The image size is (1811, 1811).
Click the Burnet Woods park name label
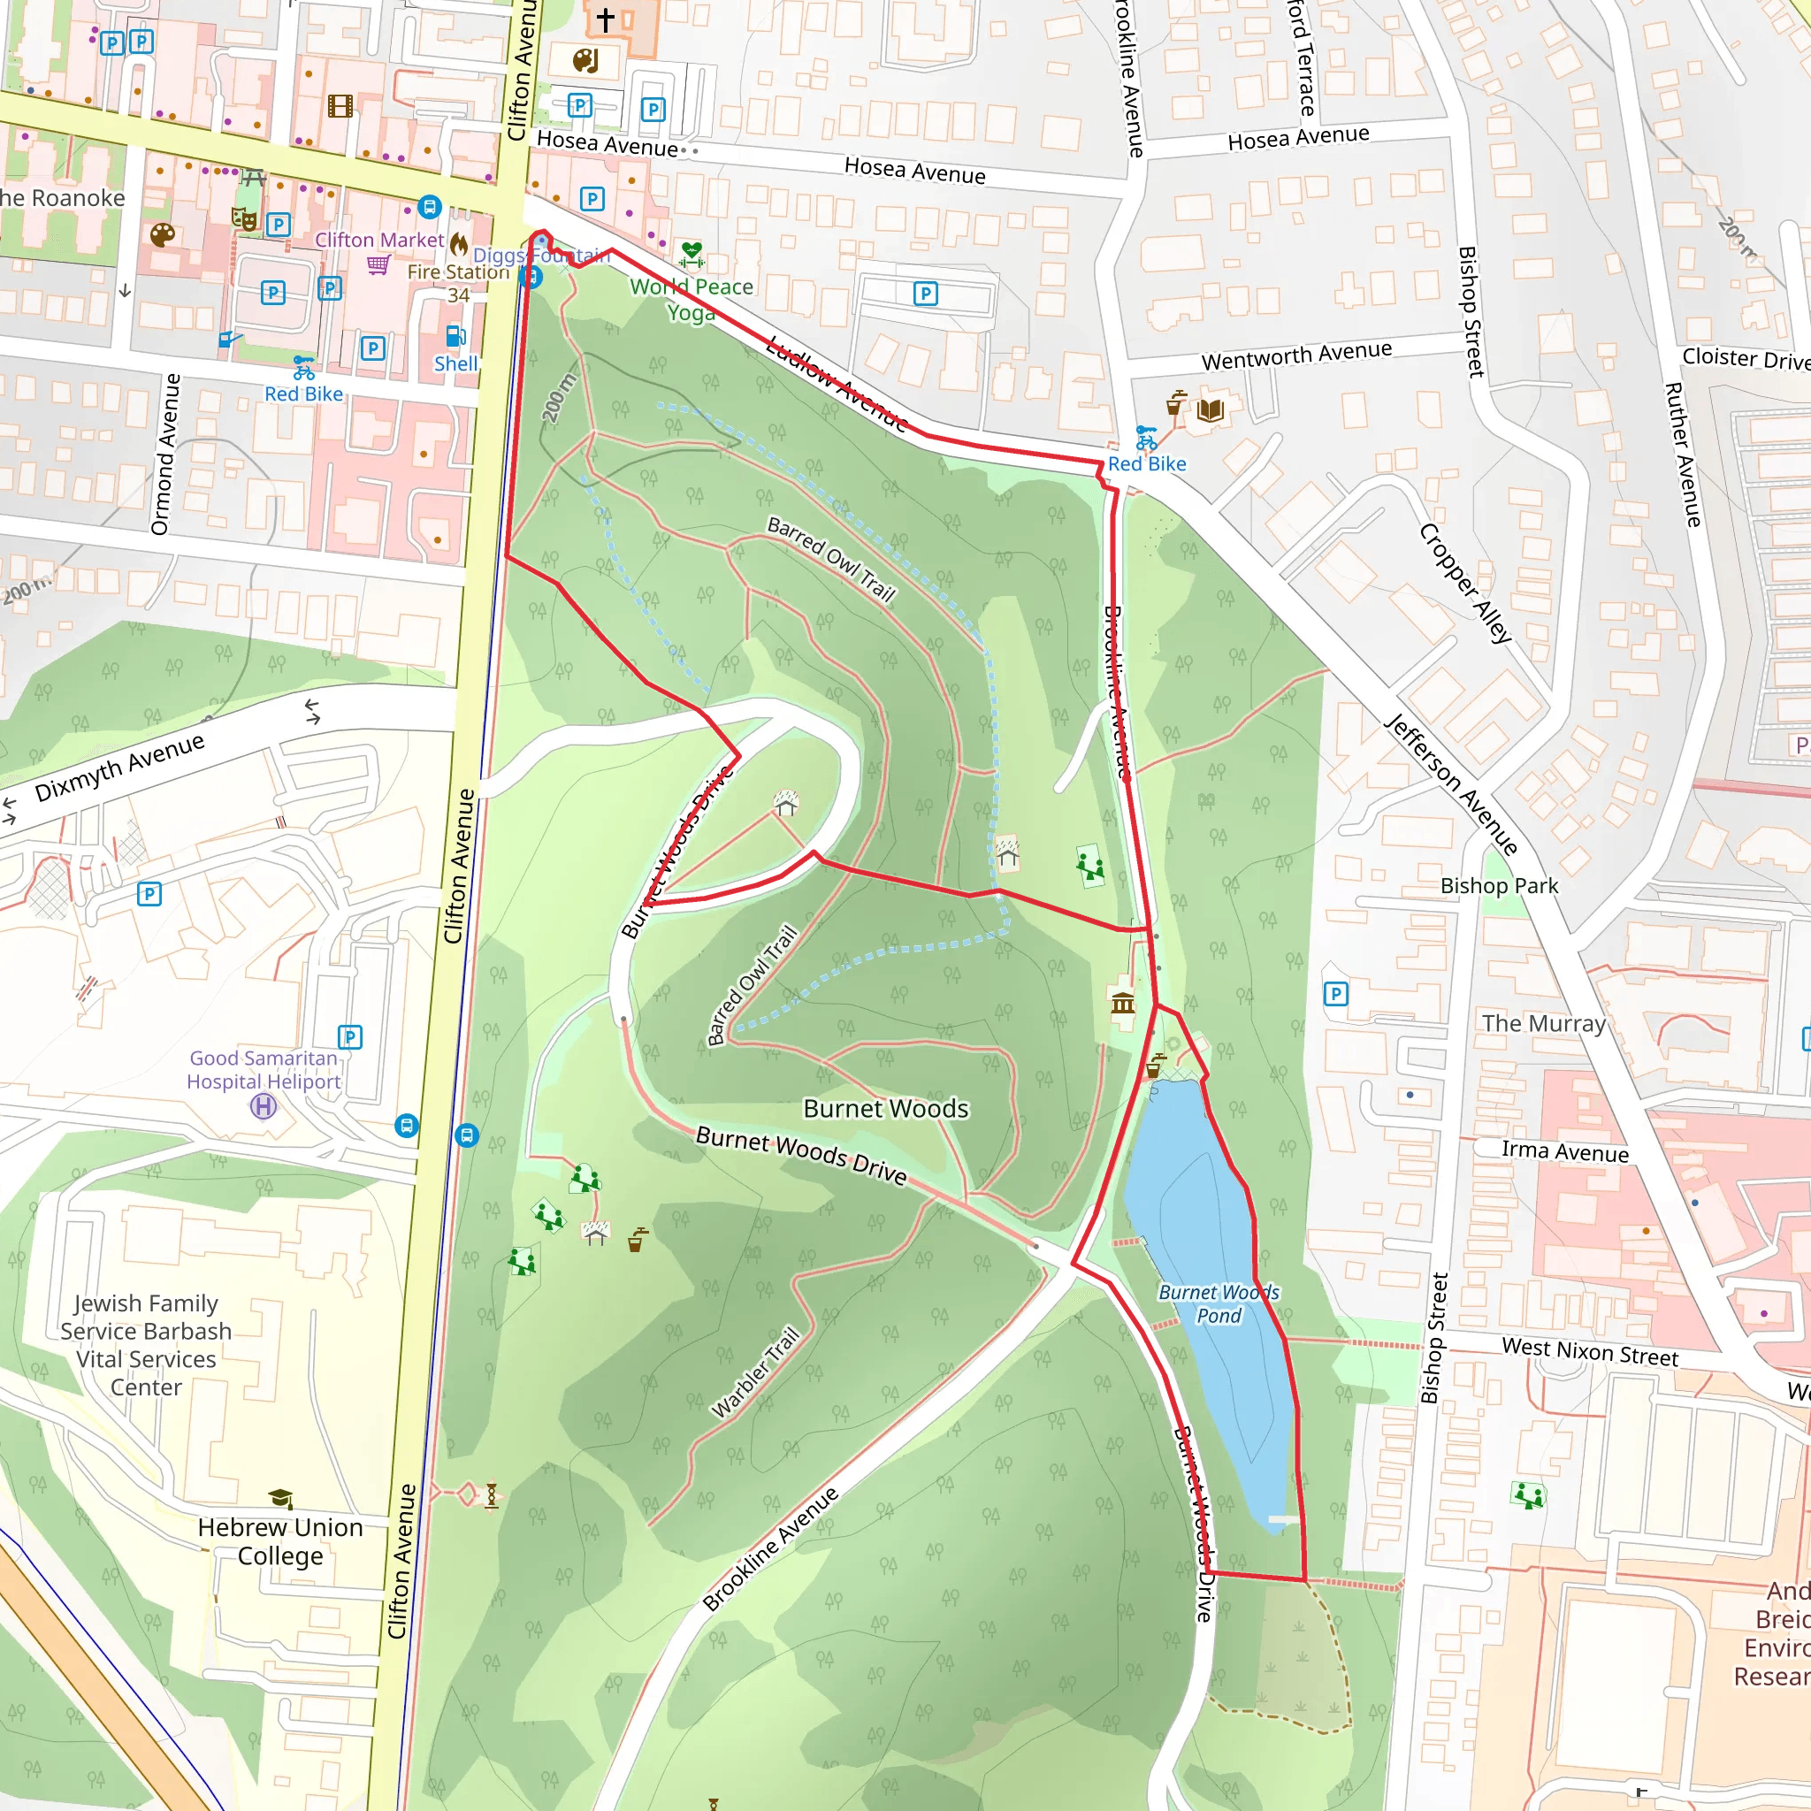(x=885, y=1108)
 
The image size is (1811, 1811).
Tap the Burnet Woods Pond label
(x=1218, y=1304)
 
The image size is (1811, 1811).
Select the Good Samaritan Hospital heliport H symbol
(x=264, y=1107)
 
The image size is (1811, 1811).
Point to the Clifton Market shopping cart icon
(x=378, y=264)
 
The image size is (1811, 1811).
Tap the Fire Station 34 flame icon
(x=458, y=246)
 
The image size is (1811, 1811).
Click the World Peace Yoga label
(x=691, y=299)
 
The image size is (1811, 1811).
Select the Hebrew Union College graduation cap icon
(x=280, y=1498)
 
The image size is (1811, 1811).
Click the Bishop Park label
(x=1499, y=886)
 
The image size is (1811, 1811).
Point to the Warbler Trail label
(x=755, y=1372)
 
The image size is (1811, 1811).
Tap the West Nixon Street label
(x=1590, y=1352)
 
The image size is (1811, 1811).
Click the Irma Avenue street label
(x=1564, y=1152)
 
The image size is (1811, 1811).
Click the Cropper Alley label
(x=1465, y=583)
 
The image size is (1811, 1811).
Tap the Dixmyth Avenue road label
(x=120, y=768)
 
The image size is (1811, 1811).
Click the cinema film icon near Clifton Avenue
(x=340, y=105)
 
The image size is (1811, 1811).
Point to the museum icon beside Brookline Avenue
(x=1122, y=1005)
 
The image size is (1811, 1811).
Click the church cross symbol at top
(x=606, y=19)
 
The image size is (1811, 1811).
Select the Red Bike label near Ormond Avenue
(x=303, y=394)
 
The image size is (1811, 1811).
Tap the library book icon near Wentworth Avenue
(x=1211, y=409)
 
